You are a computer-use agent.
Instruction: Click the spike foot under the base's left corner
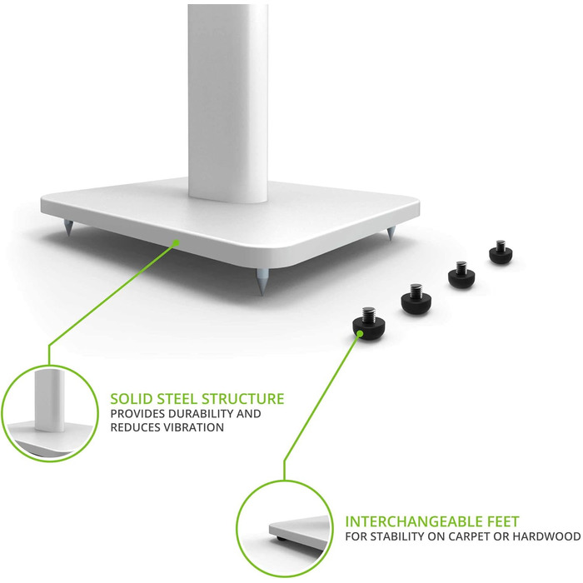[x=69, y=227]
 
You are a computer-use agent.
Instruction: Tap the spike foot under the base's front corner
[x=261, y=282]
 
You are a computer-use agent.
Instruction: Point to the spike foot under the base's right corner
[x=390, y=233]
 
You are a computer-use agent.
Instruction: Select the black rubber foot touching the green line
[x=368, y=321]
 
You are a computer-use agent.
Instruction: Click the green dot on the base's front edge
[x=177, y=243]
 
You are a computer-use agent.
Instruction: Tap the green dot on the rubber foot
[x=360, y=333]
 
